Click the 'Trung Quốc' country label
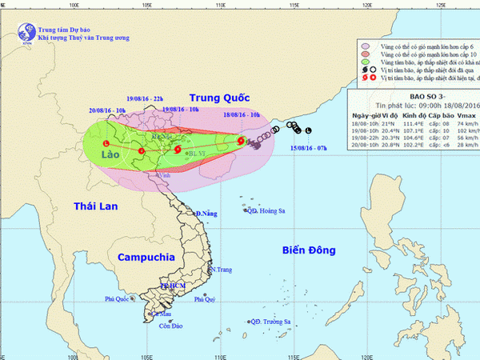pyautogui.click(x=215, y=98)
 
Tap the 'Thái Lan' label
pyautogui.click(x=96, y=206)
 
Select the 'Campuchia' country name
pyautogui.click(x=146, y=258)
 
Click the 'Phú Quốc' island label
pyautogui.click(x=118, y=299)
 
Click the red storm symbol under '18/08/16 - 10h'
pyautogui.click(x=241, y=142)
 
